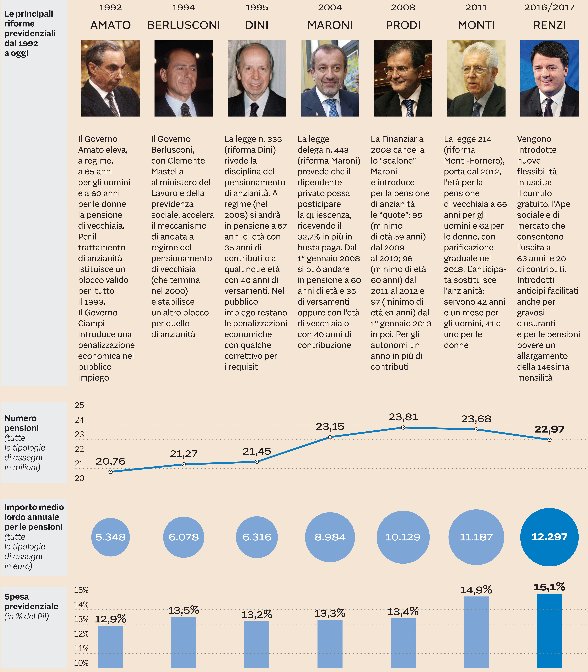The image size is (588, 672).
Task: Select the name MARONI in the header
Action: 330,25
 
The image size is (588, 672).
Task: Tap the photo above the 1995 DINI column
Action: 257,78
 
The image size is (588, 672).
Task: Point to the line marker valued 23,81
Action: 403,427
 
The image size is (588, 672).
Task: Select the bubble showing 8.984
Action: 330,537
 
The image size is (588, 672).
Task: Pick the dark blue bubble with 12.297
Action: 549,537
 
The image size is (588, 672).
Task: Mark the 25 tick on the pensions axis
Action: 79,405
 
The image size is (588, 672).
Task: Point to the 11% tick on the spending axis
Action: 81,648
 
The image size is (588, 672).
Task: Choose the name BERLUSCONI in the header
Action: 183,25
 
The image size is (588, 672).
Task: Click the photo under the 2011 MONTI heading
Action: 476,78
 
